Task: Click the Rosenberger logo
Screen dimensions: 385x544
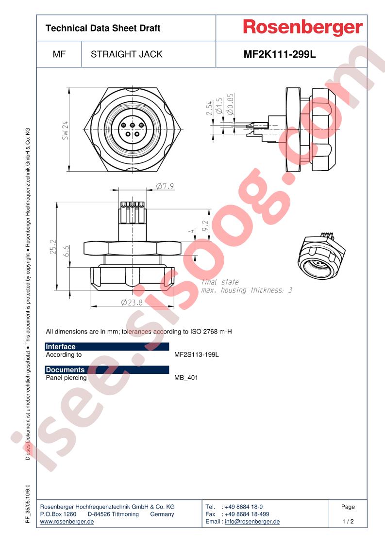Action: [302, 28]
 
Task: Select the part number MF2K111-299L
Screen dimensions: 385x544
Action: [280, 54]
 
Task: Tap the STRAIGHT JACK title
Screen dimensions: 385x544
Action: [127, 54]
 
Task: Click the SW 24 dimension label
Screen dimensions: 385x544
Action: [66, 130]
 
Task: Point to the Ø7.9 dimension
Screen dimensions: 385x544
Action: [165, 186]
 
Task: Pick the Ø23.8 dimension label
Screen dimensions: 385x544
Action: [132, 303]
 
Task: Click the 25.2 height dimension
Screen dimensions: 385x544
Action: [53, 247]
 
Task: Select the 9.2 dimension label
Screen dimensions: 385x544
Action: [205, 226]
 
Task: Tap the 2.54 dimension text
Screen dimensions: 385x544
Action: [209, 108]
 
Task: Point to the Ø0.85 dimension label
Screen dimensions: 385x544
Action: [230, 104]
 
